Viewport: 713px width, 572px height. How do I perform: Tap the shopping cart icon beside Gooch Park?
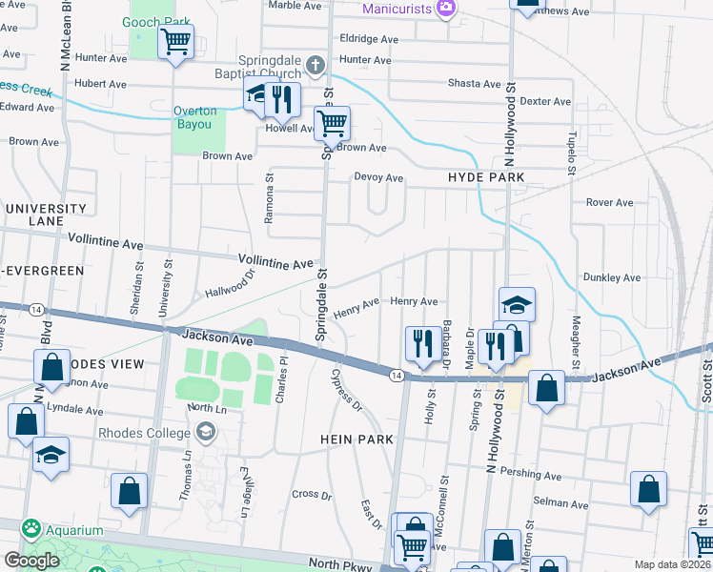[x=175, y=42]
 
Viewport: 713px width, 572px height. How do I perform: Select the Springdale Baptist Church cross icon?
[x=316, y=65]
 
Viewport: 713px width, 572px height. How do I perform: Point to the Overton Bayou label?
[x=194, y=117]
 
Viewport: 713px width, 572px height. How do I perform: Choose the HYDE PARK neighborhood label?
[x=486, y=177]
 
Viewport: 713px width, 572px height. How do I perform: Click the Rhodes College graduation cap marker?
[x=204, y=433]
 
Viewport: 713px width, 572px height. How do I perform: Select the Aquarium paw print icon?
[x=31, y=528]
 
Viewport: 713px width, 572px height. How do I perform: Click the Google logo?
[x=31, y=560]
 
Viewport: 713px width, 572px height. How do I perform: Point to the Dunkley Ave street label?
[x=611, y=277]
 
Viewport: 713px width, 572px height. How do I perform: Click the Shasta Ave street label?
[x=474, y=83]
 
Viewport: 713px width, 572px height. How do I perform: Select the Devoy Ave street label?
[x=378, y=177]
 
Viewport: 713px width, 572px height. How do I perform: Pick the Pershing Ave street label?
[x=535, y=474]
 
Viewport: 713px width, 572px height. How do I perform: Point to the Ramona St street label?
[x=270, y=192]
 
